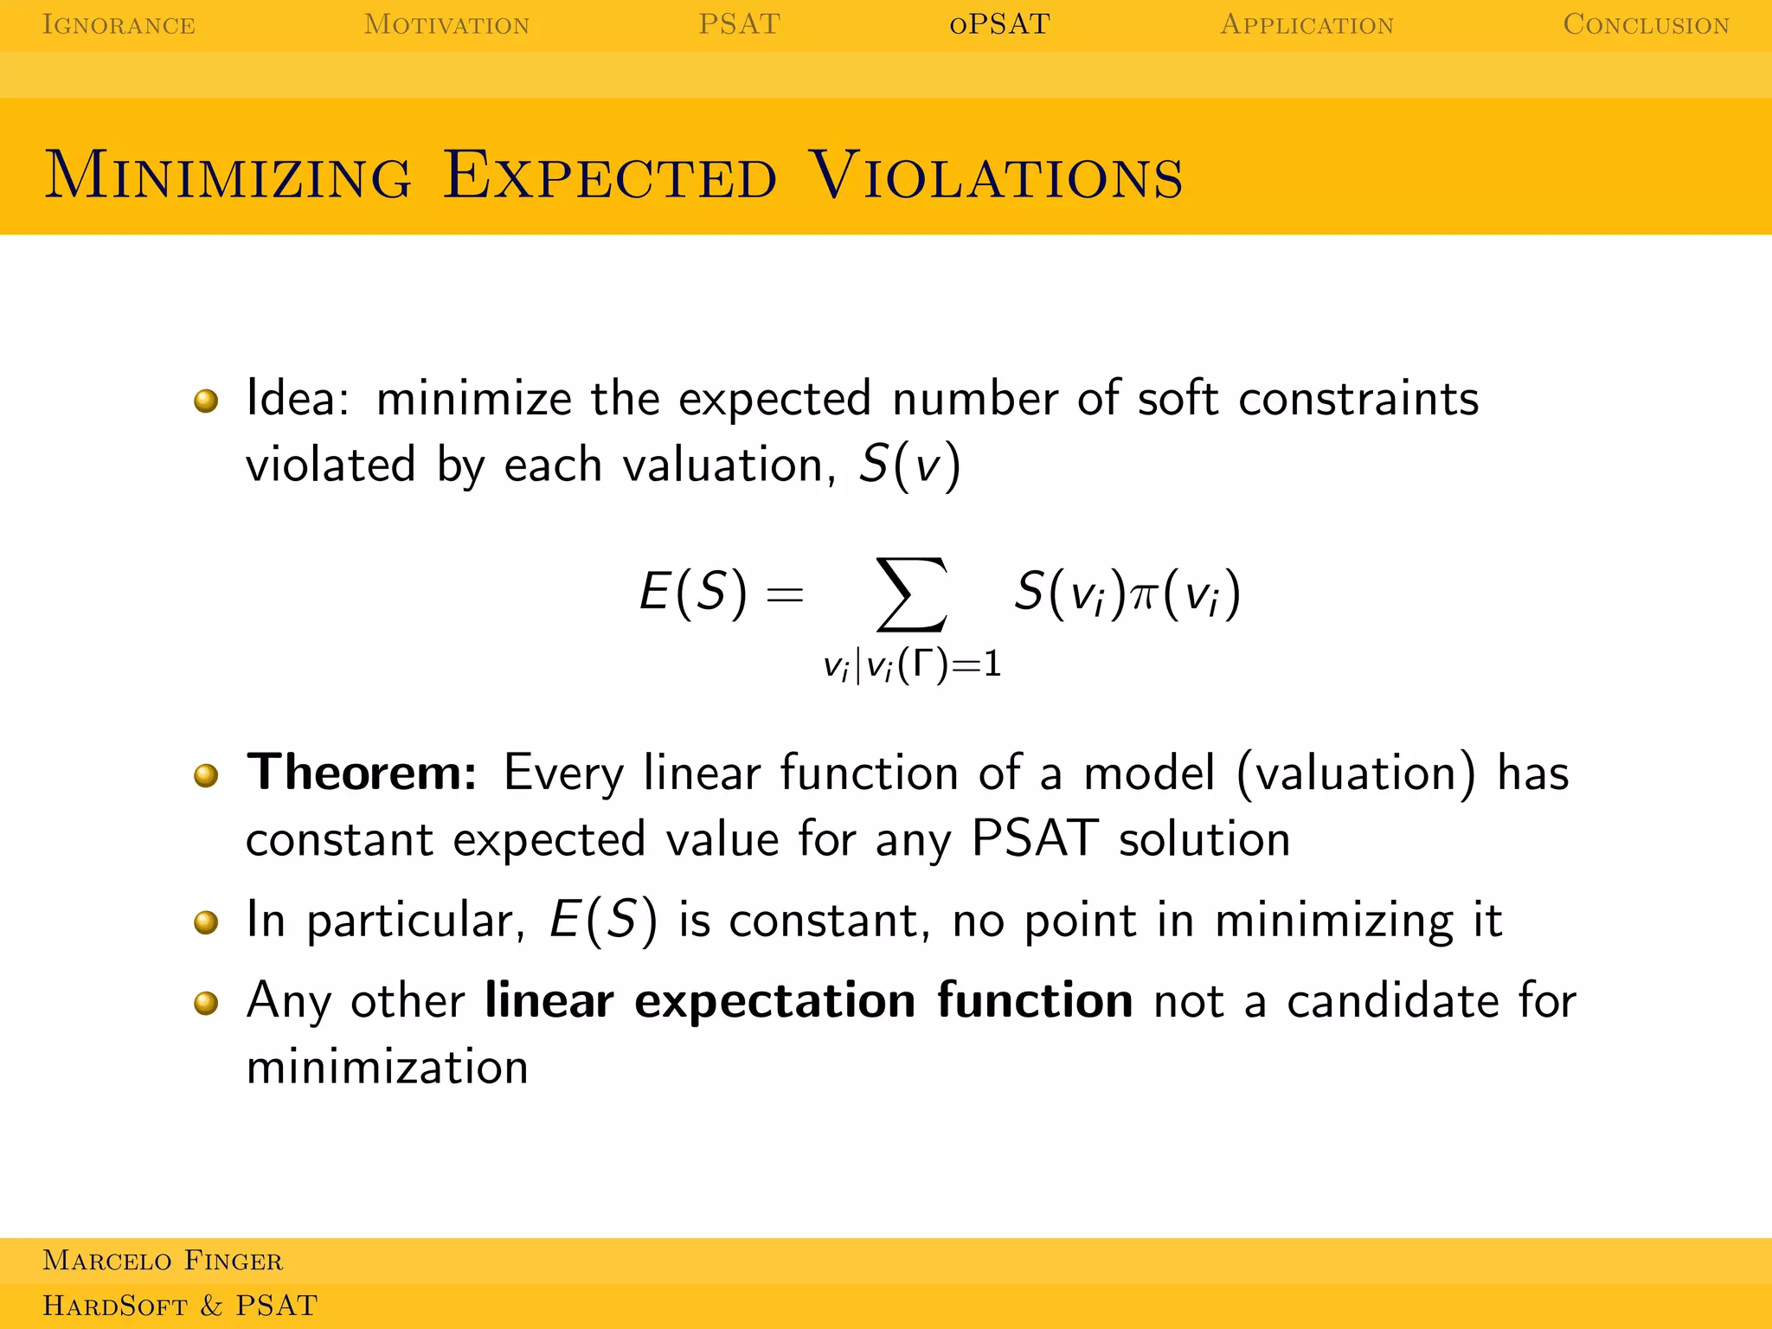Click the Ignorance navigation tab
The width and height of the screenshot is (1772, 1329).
pyautogui.click(x=119, y=24)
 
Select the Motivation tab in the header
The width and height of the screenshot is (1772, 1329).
pyautogui.click(x=446, y=24)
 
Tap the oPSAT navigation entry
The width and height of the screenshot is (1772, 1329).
pyautogui.click(x=999, y=24)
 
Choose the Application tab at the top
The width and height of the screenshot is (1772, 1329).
pyautogui.click(x=1307, y=24)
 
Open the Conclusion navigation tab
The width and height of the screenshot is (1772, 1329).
pyautogui.click(x=1646, y=24)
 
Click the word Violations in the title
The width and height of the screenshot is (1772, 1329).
pyautogui.click(x=996, y=176)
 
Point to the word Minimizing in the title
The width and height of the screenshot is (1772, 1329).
pyautogui.click(x=228, y=176)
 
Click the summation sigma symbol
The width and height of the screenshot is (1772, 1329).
pyautogui.click(x=912, y=594)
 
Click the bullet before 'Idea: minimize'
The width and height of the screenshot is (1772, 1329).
pyautogui.click(x=206, y=401)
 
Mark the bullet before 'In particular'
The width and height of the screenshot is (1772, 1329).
pyautogui.click(x=206, y=922)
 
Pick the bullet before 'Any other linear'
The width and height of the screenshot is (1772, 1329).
pyautogui.click(x=206, y=1003)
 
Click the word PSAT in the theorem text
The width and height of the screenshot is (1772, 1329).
pyautogui.click(x=1035, y=838)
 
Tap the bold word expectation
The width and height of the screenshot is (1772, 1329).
pyautogui.click(x=774, y=1001)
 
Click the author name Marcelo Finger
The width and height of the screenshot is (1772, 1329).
pyautogui.click(x=163, y=1261)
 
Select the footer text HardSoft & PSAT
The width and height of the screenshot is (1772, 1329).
pyautogui.click(x=180, y=1306)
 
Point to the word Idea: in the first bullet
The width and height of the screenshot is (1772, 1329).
pyautogui.click(x=298, y=399)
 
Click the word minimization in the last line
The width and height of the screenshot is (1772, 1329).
pyautogui.click(x=387, y=1067)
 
